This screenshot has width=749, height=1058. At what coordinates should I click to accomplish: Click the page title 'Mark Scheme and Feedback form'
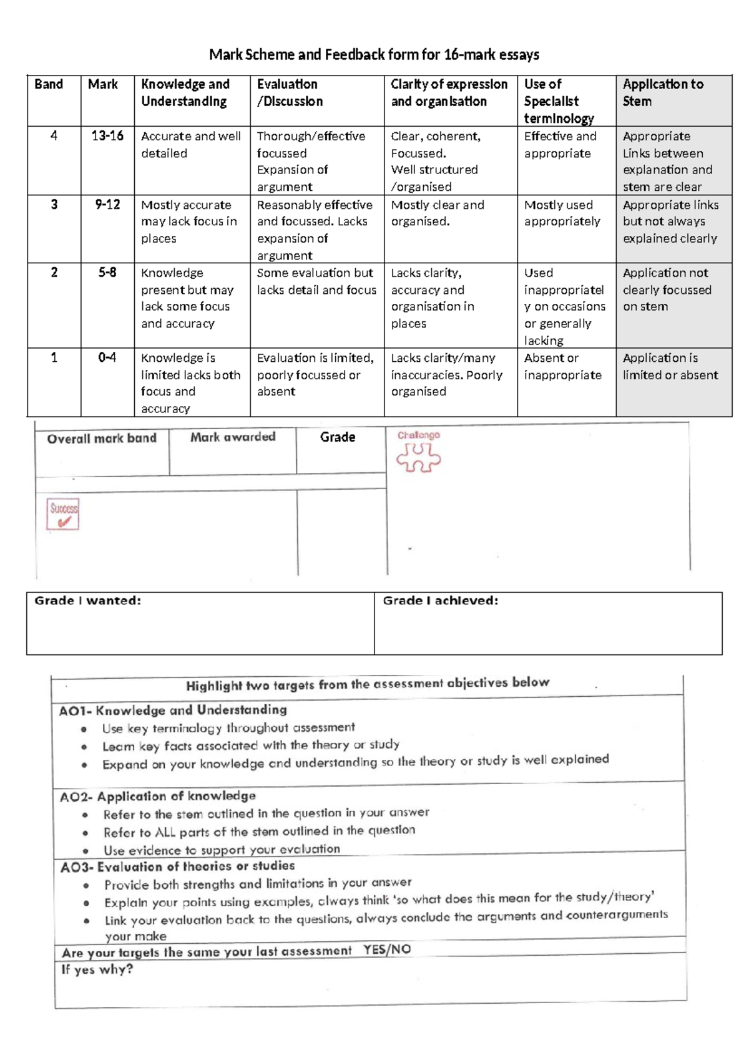pos(374,55)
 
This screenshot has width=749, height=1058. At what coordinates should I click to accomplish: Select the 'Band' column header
pos(49,84)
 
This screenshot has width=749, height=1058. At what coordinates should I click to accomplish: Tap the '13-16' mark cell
pos(107,136)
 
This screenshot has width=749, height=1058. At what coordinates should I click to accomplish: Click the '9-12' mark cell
pos(107,205)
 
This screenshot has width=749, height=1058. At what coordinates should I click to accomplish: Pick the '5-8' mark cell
pos(107,273)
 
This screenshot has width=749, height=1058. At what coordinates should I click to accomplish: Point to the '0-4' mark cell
pos(107,358)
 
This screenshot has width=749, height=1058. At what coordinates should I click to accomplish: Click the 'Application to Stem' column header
pos(663,93)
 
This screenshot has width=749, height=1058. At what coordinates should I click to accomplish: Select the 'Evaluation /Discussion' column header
pos(290,93)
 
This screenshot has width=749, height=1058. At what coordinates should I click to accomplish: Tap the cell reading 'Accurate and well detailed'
pos(190,145)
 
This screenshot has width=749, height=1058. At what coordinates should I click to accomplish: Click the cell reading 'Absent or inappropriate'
pos(562,367)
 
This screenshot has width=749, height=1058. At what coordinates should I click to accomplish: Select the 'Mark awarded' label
pos(233,437)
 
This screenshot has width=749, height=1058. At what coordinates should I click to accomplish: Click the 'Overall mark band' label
pos(102,439)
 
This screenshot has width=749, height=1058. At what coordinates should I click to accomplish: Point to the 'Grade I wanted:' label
pos(87,601)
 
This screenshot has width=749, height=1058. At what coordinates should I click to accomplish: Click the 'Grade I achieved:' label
pos(440,601)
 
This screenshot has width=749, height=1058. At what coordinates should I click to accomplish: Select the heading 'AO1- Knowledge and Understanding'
pos(173,710)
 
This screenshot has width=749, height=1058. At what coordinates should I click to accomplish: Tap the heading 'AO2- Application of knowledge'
pos(158,797)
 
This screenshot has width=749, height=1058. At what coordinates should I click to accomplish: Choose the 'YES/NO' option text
pos(387,950)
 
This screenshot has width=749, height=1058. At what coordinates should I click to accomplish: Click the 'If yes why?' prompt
pos(97,969)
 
